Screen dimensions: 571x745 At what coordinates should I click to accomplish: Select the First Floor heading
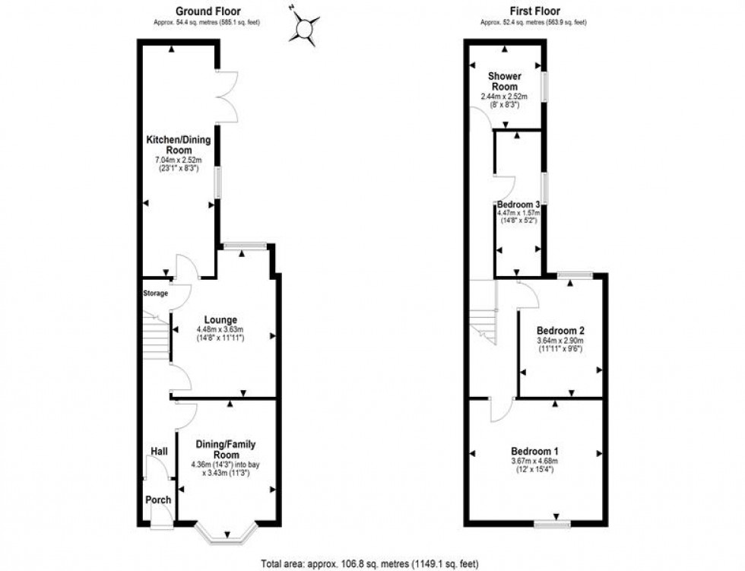tap(534, 11)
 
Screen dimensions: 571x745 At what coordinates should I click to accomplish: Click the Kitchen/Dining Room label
tap(179, 145)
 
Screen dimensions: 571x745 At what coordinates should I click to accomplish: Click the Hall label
tap(159, 452)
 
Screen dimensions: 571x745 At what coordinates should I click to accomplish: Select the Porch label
tap(158, 500)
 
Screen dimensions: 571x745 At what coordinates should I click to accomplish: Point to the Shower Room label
tap(504, 81)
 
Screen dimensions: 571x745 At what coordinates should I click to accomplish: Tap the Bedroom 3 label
tap(518, 205)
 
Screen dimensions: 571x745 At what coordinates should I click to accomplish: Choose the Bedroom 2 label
tap(560, 331)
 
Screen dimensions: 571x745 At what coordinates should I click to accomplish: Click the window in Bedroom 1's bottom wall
tap(552, 524)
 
